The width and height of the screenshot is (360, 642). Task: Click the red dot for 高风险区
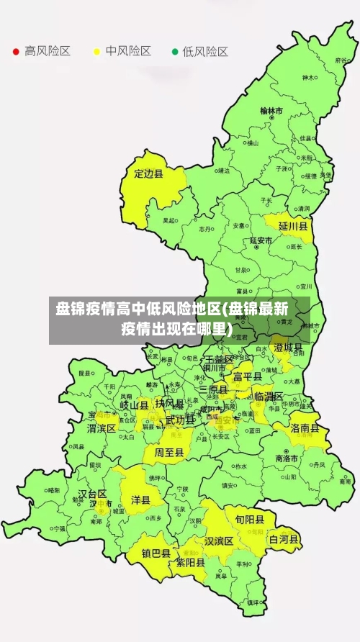tap(15, 52)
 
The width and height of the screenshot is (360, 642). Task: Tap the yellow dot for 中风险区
tap(96, 52)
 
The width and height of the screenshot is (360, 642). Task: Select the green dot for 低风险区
tap(174, 52)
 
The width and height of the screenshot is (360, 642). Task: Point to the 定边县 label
tap(149, 173)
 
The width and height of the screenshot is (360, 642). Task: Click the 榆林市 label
tap(271, 111)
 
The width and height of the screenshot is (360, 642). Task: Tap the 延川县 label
tap(293, 226)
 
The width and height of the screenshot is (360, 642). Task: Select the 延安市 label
tap(261, 240)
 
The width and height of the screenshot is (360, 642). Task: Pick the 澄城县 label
tap(287, 348)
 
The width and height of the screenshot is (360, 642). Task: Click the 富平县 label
tap(247, 376)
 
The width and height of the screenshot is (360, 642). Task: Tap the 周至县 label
tap(169, 452)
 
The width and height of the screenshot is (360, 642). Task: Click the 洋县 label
tap(140, 499)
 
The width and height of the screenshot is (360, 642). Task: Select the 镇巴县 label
tap(156, 553)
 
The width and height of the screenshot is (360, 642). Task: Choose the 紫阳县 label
tap(190, 563)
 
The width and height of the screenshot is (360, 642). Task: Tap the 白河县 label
tap(284, 538)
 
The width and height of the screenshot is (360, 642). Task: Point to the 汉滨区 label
tap(218, 541)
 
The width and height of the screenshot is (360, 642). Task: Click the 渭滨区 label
tap(102, 428)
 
